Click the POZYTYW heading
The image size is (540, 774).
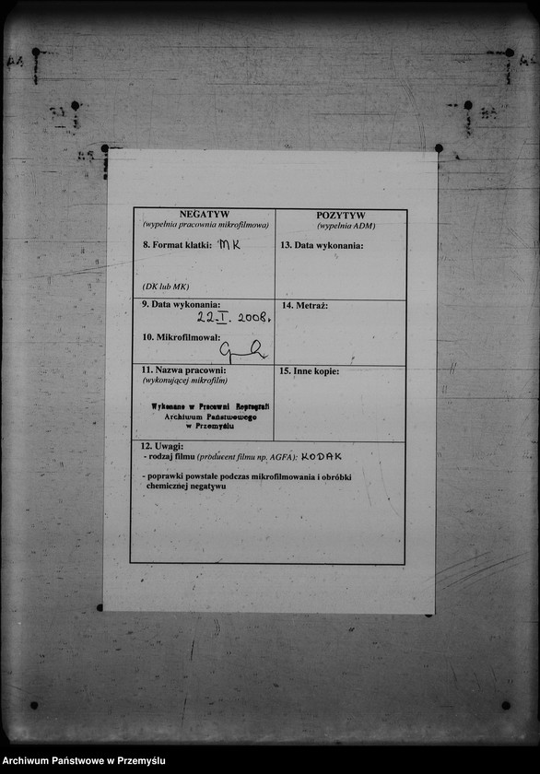coord(341,215)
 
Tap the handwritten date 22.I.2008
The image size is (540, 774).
coord(234,316)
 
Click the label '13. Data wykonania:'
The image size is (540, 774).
coord(322,245)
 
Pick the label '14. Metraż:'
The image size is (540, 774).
coord(305,305)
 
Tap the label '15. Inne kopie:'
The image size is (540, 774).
coord(310,370)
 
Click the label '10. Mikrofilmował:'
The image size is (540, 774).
coord(175,337)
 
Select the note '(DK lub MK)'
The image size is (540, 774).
coord(166,287)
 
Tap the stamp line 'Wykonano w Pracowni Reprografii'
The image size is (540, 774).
coord(210,406)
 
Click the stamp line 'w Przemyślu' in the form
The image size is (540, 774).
coord(210,427)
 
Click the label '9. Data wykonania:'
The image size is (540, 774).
coord(181,304)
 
